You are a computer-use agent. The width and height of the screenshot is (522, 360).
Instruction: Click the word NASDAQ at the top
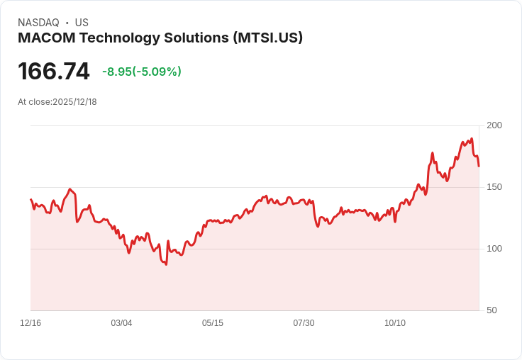[x=38, y=23]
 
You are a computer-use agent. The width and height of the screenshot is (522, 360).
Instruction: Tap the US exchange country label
[x=82, y=23]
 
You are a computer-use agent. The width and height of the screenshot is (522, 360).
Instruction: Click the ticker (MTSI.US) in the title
[x=267, y=38]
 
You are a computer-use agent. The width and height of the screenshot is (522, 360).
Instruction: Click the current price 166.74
[x=54, y=72]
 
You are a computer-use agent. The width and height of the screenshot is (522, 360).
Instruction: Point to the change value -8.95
[x=116, y=72]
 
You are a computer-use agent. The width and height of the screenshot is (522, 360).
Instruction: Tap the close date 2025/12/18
[x=74, y=102]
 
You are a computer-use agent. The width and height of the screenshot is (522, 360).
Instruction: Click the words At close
[x=34, y=102]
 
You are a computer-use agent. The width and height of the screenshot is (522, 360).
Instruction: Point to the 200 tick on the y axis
[x=494, y=125]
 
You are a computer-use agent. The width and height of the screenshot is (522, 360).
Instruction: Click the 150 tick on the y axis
[x=494, y=187]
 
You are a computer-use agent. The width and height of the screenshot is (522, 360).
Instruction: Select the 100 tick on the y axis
[x=494, y=249]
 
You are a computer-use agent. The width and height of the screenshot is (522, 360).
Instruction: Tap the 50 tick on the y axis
[x=492, y=310]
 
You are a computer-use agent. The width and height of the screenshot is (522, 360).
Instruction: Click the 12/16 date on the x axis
[x=30, y=323]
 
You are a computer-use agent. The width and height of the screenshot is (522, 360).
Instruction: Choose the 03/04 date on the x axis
[x=121, y=323]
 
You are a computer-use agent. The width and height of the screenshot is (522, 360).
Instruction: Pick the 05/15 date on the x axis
[x=213, y=323]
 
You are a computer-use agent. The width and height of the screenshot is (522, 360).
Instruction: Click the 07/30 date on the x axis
[x=304, y=323]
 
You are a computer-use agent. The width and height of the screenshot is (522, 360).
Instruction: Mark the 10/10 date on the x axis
[x=395, y=323]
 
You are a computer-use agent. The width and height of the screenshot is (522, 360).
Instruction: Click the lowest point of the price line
[x=166, y=264]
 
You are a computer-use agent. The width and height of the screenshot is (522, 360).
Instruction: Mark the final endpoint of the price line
[x=479, y=166]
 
